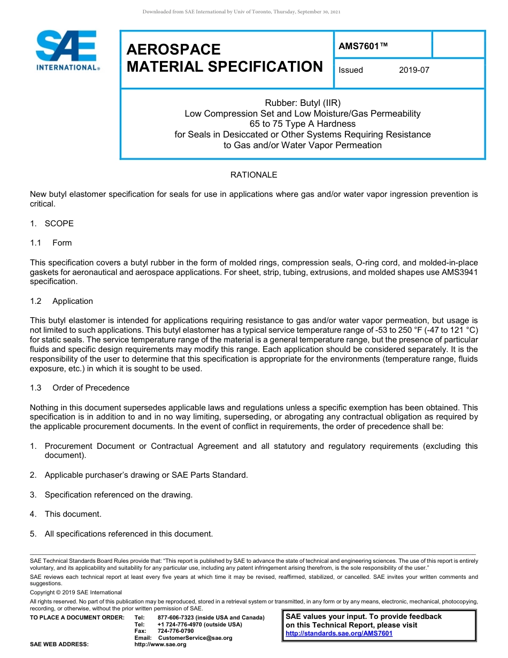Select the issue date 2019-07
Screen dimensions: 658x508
tap(414, 70)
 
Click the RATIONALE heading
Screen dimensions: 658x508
tap(253, 175)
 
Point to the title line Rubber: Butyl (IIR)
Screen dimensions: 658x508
tap(303, 103)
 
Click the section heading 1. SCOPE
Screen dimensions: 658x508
tap(52, 224)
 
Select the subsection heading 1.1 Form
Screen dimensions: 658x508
tap(51, 243)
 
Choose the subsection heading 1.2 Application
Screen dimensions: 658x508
tap(61, 301)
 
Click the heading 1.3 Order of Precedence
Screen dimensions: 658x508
tap(80, 388)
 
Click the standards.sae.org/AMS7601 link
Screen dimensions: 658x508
tap(339, 633)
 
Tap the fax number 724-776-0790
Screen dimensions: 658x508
tap(176, 631)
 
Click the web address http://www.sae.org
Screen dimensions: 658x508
tap(160, 645)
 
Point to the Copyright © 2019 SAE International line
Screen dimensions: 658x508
tap(76, 593)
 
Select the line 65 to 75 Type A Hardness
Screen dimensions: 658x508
tap(303, 124)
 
